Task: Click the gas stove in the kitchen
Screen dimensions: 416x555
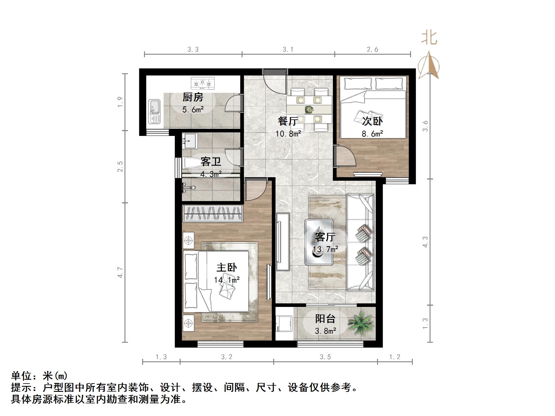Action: pos(203,83)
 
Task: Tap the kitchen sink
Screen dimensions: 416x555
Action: pos(154,111)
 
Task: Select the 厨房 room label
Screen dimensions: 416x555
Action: pos(193,97)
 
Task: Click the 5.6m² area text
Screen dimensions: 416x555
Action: pos(193,110)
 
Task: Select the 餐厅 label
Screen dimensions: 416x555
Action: pos(288,121)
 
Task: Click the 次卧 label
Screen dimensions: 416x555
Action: pos(372,121)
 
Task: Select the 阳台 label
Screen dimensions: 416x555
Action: pos(325,318)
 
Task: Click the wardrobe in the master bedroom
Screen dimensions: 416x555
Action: pos(212,213)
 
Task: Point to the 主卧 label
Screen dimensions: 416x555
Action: pos(227,267)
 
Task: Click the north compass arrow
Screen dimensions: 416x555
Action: pos(430,65)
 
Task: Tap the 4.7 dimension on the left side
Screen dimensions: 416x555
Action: pos(120,272)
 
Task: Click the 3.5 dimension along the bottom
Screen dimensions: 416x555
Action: pos(325,357)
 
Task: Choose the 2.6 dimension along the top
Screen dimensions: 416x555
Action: pos(372,50)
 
